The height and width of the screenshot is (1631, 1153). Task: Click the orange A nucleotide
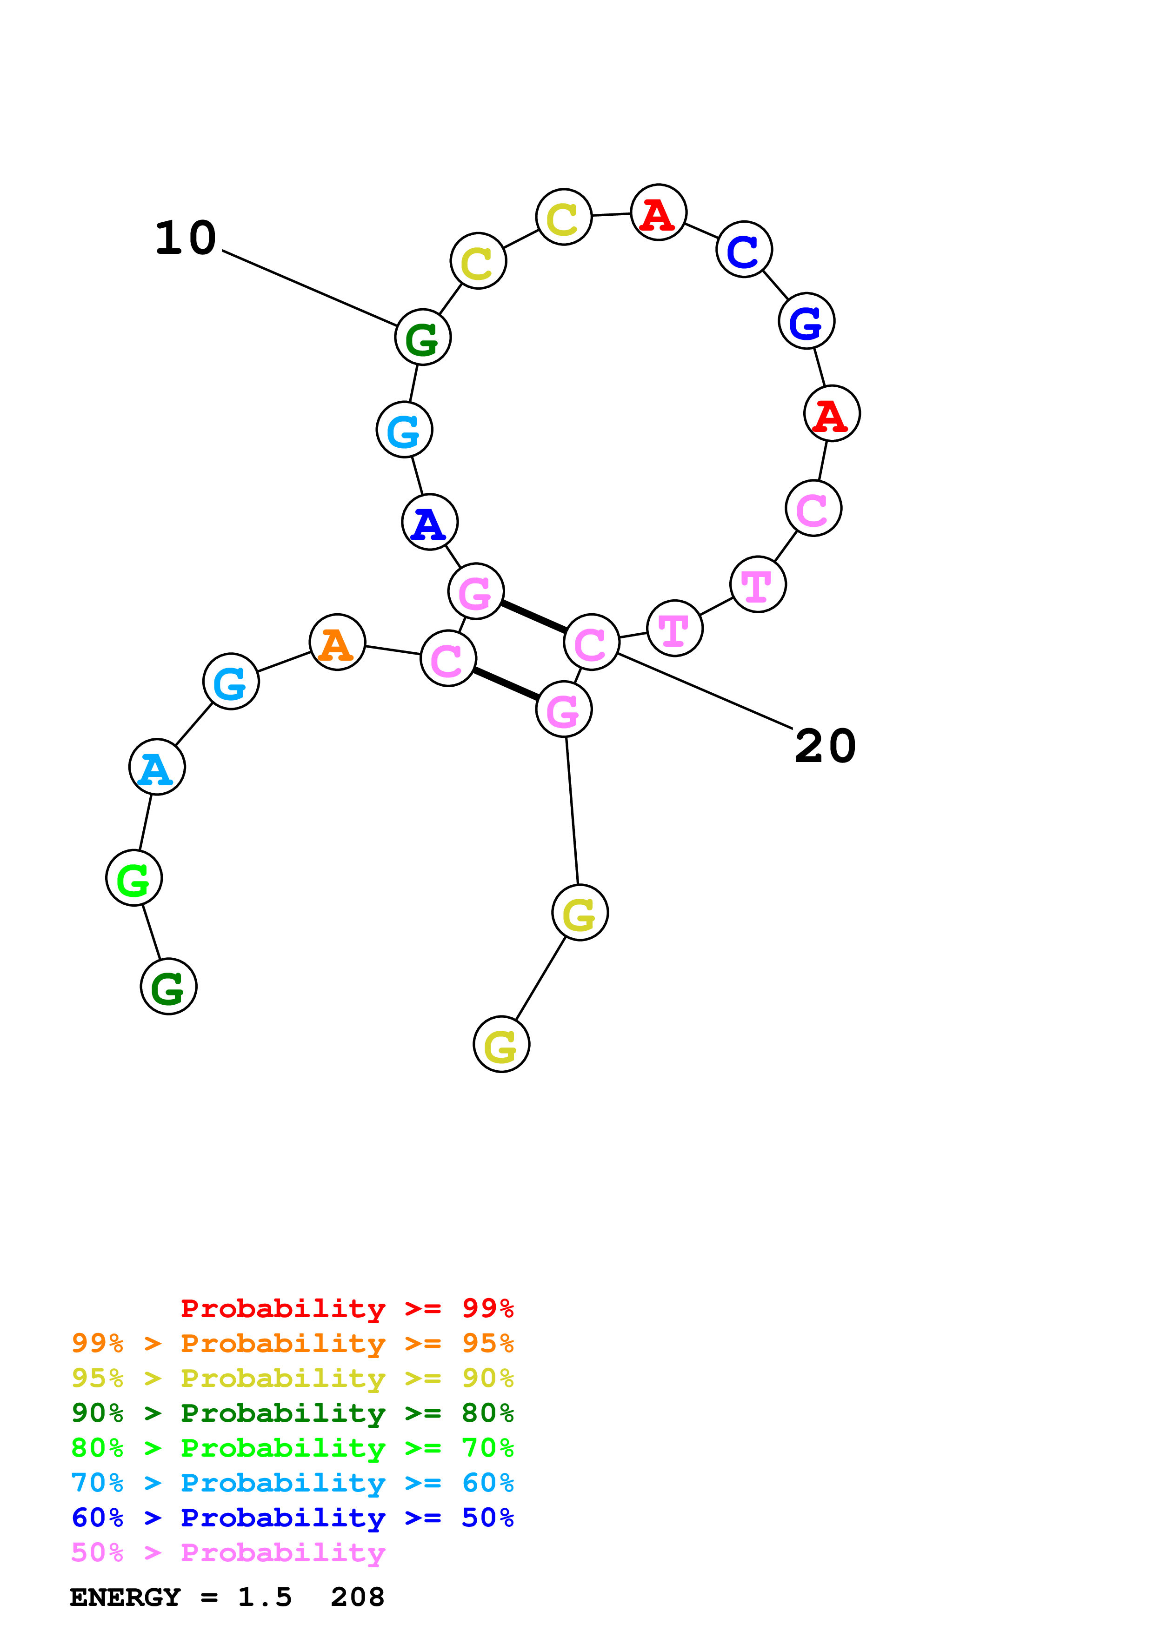point(338,642)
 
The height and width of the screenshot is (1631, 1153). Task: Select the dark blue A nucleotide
point(429,522)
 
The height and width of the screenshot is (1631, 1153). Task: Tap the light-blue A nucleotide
point(157,767)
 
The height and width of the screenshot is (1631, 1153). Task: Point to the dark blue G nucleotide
point(806,321)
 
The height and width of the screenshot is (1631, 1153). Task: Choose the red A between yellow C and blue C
point(659,212)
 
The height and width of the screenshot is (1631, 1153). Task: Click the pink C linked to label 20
point(591,642)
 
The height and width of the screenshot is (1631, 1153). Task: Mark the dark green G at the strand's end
point(168,986)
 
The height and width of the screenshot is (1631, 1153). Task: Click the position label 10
point(186,238)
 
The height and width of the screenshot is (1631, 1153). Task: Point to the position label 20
point(825,747)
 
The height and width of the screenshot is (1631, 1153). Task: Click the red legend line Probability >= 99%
point(347,1308)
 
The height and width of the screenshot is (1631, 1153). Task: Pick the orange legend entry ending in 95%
point(292,1343)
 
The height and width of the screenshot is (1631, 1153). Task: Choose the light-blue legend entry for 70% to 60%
point(292,1483)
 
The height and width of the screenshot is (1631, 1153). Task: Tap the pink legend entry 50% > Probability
point(227,1552)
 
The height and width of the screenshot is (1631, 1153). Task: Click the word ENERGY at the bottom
point(125,1597)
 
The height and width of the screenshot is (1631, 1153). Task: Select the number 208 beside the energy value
point(357,1597)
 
